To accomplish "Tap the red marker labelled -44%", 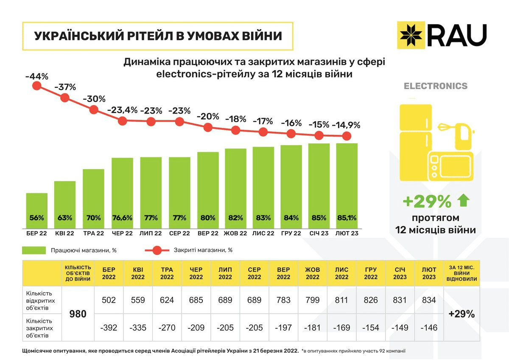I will coord(36,86).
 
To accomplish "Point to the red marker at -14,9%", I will coord(347,136).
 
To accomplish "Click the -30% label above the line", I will coord(94,99).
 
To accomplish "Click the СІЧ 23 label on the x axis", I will coord(319,233).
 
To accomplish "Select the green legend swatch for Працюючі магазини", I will coord(34,250).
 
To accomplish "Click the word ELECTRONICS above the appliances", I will coord(435,86).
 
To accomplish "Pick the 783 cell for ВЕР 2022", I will coord(283,300).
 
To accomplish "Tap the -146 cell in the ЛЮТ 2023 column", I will coord(429,328).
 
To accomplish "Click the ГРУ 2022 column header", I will coord(371,273).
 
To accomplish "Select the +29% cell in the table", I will coord(461,314).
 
